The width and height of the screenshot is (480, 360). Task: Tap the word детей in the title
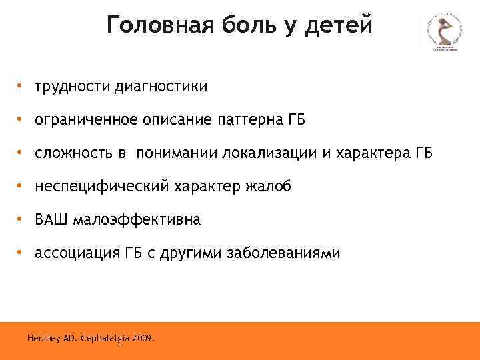[339, 26]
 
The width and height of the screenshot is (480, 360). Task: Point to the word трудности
[73, 86]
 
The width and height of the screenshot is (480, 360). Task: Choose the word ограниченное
[85, 120]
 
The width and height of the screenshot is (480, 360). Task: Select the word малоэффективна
[137, 219]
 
